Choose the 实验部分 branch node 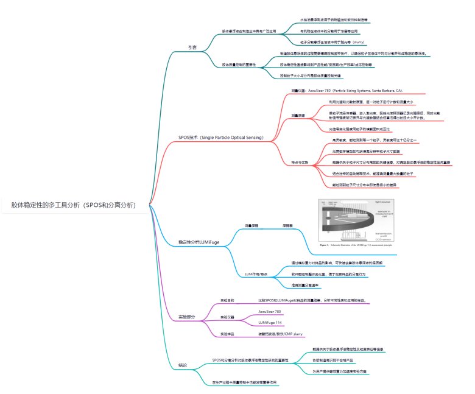point(186,317)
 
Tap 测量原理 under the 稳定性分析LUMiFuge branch point(252,225)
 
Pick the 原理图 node point(289,225)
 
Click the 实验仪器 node point(227,317)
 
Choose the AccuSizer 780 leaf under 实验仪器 point(270,311)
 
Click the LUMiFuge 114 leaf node point(271,322)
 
